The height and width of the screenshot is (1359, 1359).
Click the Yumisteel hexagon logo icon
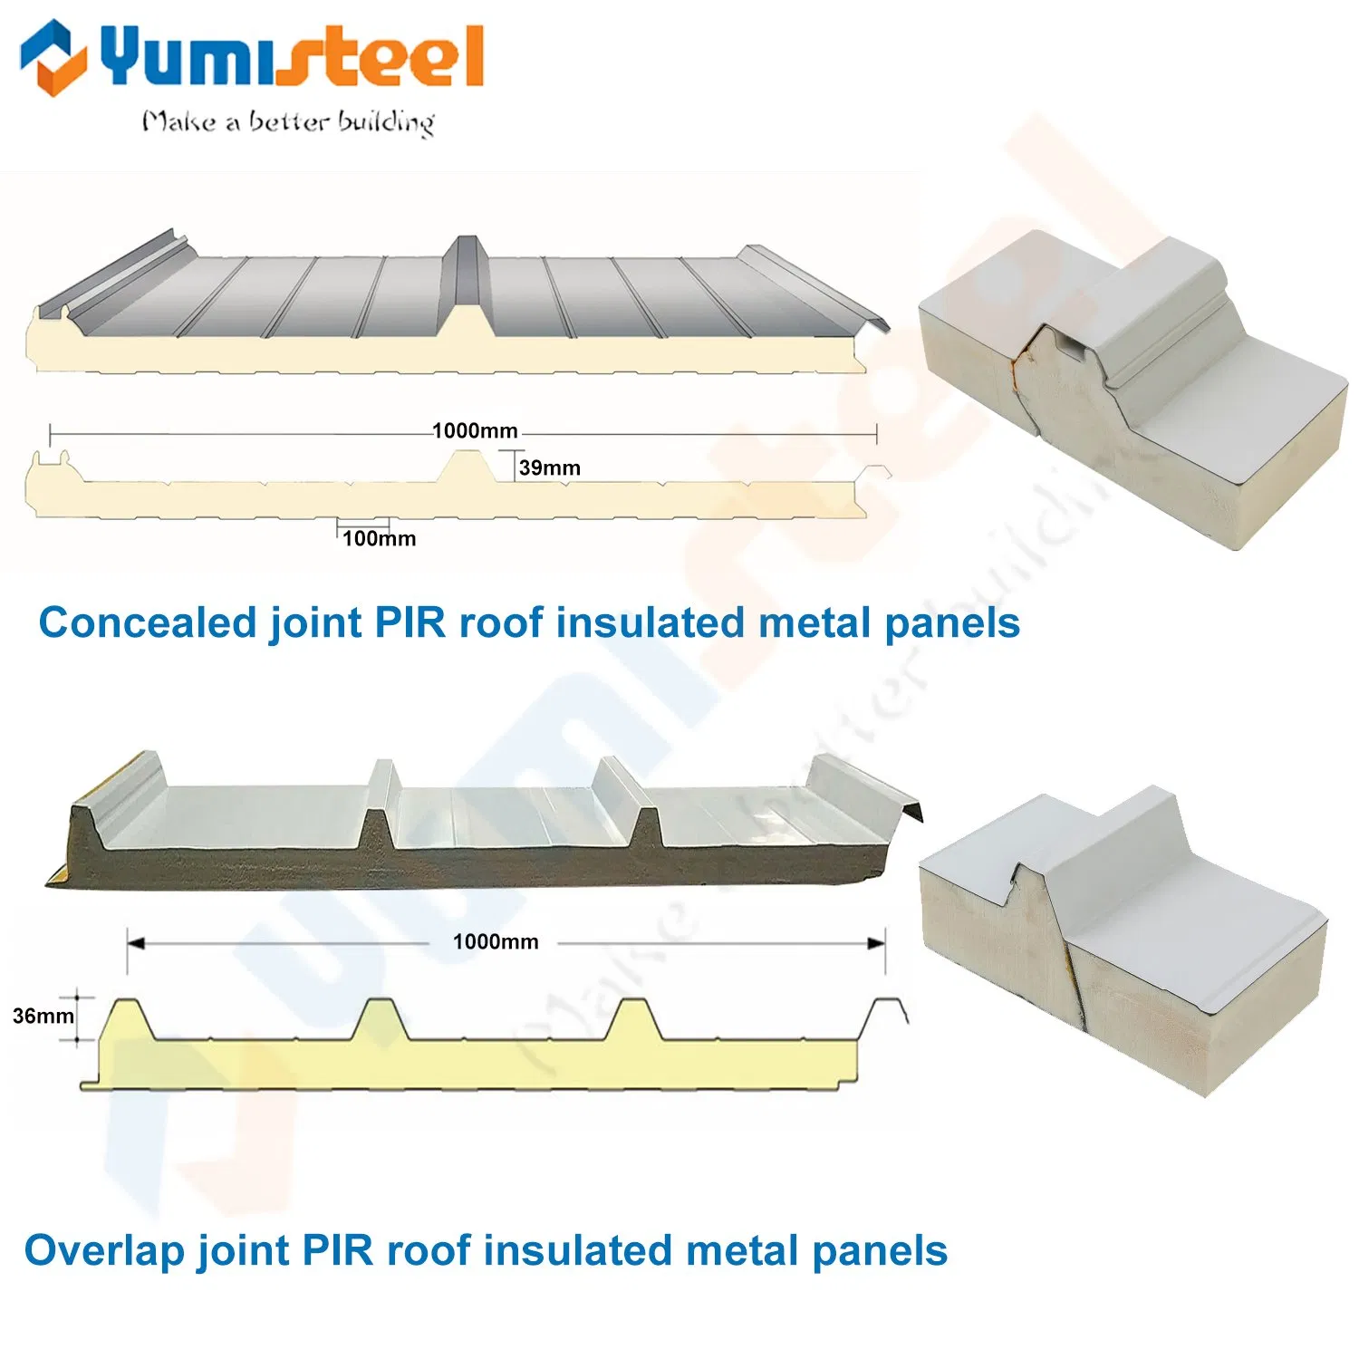point(53,56)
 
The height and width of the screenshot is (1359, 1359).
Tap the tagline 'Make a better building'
point(288,121)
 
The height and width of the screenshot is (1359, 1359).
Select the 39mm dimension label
point(549,467)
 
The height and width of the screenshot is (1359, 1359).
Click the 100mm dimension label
point(379,538)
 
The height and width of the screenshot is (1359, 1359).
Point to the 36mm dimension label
point(43,1016)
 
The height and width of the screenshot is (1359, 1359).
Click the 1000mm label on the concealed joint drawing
point(475,430)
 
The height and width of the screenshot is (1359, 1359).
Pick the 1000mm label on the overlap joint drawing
point(496,941)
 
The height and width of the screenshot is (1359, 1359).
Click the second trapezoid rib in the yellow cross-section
point(379,1019)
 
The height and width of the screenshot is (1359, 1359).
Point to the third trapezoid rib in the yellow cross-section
point(632,1019)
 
